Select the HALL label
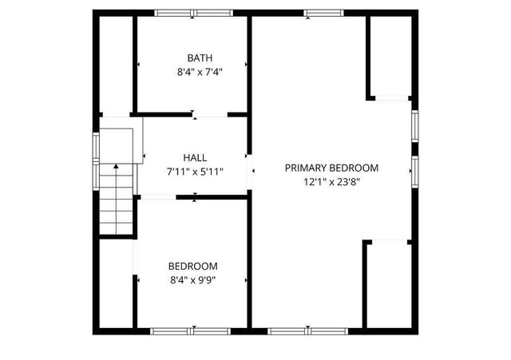(194, 157)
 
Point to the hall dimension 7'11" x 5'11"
(194, 171)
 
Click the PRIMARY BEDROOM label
(331, 168)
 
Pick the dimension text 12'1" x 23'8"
(331, 181)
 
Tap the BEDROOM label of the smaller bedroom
(192, 266)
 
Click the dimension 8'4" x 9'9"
(192, 279)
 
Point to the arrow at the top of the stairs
(116, 167)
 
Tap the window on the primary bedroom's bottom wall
(307, 330)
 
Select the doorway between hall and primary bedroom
(250, 170)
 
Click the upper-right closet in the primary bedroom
(390, 56)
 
